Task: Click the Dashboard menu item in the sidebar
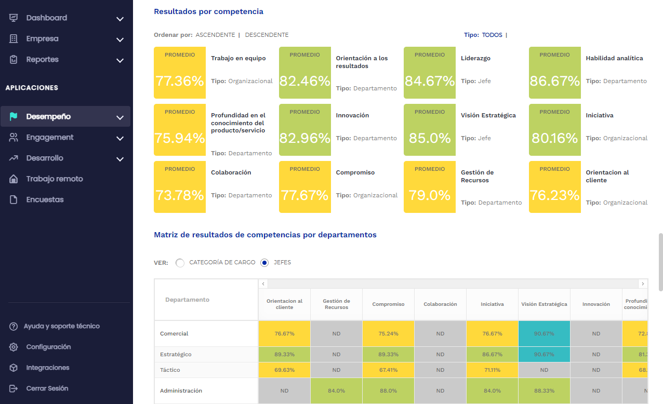(x=46, y=18)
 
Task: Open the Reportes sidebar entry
(x=42, y=60)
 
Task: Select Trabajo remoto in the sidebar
(x=55, y=179)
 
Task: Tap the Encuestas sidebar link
(x=45, y=200)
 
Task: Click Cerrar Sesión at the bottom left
(x=47, y=388)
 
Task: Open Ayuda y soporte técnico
(x=61, y=326)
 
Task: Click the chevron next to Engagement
(x=120, y=138)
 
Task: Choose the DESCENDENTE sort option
(x=267, y=35)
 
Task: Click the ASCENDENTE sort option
(x=215, y=35)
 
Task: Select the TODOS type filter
(x=492, y=35)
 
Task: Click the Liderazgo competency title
(x=475, y=58)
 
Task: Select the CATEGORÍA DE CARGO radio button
(x=180, y=263)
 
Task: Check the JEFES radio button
(x=264, y=263)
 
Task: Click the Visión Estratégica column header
(x=544, y=304)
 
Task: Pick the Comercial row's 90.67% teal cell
(x=544, y=333)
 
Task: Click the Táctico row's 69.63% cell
(x=284, y=370)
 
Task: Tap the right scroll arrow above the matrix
(x=643, y=284)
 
